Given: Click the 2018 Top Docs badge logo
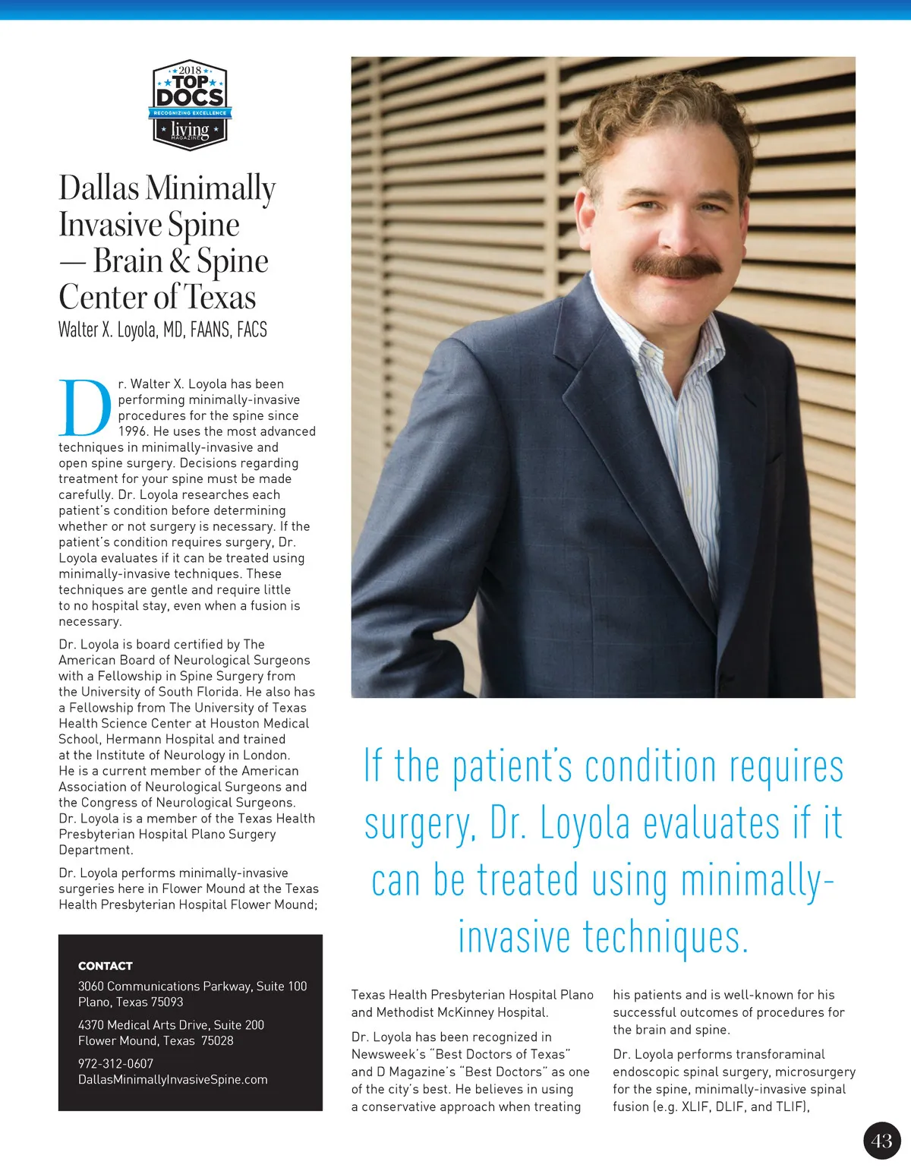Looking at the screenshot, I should pyautogui.click(x=190, y=105).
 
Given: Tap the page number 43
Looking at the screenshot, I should pyautogui.click(x=881, y=1140).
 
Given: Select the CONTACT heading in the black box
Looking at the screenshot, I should pyautogui.click(x=106, y=966).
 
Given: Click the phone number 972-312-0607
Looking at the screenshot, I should pyautogui.click(x=115, y=1064).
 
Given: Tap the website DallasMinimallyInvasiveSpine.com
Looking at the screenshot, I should pyautogui.click(x=172, y=1080).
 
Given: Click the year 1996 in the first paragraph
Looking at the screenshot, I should pyautogui.click(x=133, y=431).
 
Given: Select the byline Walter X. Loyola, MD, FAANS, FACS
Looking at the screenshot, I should pyautogui.click(x=162, y=330).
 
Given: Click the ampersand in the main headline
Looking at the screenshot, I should pyautogui.click(x=180, y=261).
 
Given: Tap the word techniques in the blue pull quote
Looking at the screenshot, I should pyautogui.click(x=665, y=938).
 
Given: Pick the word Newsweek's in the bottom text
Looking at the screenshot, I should pyautogui.click(x=388, y=1055).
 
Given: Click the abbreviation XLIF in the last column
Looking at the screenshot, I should pyautogui.click(x=695, y=1107).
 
